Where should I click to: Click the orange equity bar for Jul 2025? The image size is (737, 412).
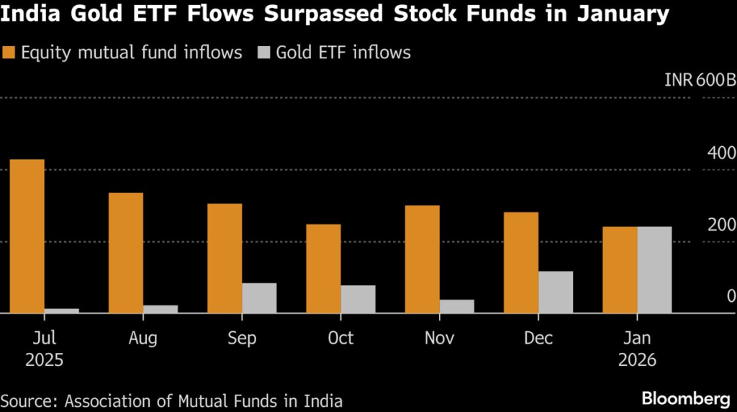click(x=27, y=236)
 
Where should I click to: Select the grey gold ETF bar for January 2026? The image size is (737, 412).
click(x=654, y=270)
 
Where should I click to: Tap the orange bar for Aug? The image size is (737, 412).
click(x=125, y=253)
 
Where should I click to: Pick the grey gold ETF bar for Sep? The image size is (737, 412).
click(x=259, y=298)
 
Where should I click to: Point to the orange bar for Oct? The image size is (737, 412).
click(x=323, y=269)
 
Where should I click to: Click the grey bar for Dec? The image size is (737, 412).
click(x=556, y=292)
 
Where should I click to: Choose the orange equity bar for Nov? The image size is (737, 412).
click(x=422, y=259)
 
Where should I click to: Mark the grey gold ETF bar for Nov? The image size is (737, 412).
click(x=457, y=307)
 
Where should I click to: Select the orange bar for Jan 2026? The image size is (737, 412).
click(x=620, y=270)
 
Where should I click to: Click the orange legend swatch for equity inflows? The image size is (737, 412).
click(x=9, y=53)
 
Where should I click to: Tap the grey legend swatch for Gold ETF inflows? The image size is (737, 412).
click(x=265, y=53)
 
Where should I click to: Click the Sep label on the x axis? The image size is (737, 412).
click(x=242, y=338)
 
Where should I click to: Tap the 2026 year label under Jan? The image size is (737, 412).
click(x=637, y=360)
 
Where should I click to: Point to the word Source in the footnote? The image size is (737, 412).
click(x=26, y=400)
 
